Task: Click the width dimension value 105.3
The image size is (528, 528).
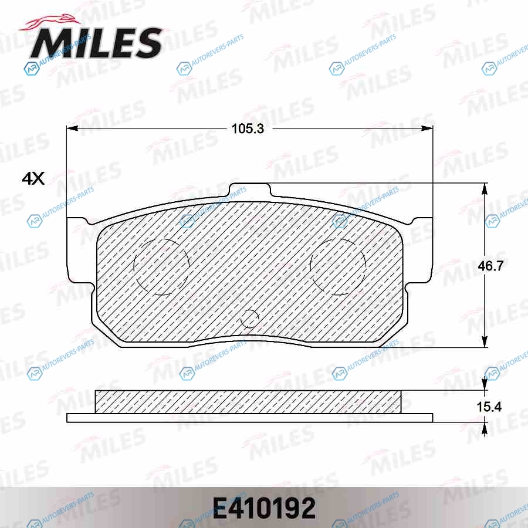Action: tap(248, 128)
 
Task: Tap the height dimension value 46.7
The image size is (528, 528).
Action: tap(490, 266)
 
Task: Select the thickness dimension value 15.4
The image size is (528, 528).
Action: tap(489, 407)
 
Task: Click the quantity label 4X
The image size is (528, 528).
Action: tap(33, 178)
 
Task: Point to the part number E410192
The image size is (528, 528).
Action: tap(264, 509)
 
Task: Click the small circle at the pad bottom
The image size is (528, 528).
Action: tap(249, 318)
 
